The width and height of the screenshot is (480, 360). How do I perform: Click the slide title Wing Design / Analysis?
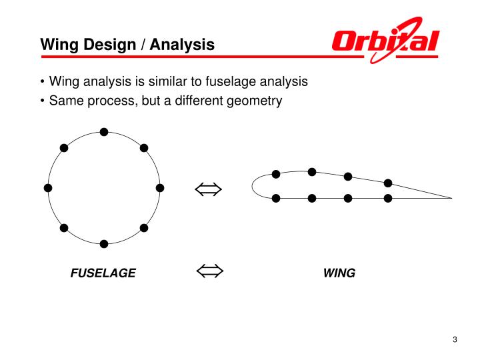127,45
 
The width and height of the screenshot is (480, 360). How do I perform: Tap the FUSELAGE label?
103,273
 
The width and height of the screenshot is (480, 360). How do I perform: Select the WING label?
339,273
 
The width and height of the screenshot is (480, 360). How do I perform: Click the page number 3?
455,341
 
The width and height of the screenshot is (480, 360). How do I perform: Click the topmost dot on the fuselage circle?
104,131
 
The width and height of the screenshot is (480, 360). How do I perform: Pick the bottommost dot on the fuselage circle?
104,243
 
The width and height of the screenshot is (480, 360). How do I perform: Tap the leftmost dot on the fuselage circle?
47,188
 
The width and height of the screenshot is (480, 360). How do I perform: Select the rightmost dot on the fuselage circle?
160,188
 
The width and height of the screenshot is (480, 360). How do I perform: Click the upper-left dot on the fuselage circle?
64,148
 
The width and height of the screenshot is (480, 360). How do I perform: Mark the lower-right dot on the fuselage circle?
144,228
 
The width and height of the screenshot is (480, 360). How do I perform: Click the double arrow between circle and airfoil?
209,190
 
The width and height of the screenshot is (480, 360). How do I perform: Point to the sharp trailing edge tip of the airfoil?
451,198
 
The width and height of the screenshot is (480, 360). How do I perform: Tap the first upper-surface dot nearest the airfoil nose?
276,175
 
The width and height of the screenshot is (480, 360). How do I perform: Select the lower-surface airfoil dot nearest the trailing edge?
388,198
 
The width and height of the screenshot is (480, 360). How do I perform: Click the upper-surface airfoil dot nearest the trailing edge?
388,183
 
